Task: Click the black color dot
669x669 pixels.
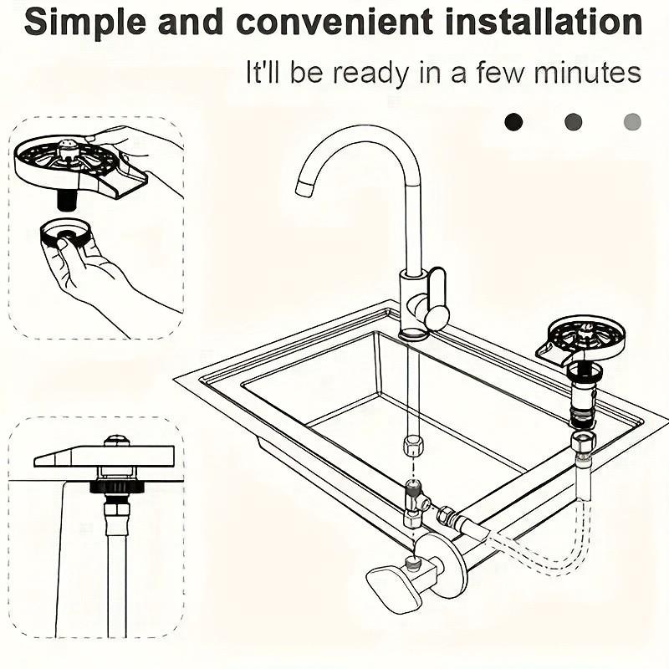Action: coord(513,122)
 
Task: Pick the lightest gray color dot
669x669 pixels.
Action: coord(632,122)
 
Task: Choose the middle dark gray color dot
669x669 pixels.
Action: coord(573,122)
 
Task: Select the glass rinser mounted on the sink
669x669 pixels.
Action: coord(586,338)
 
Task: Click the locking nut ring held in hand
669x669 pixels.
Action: coord(65,231)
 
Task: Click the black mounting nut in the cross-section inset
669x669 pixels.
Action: coord(116,486)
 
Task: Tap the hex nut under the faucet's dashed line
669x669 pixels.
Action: coord(411,445)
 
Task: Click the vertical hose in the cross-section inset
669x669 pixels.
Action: coord(116,569)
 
